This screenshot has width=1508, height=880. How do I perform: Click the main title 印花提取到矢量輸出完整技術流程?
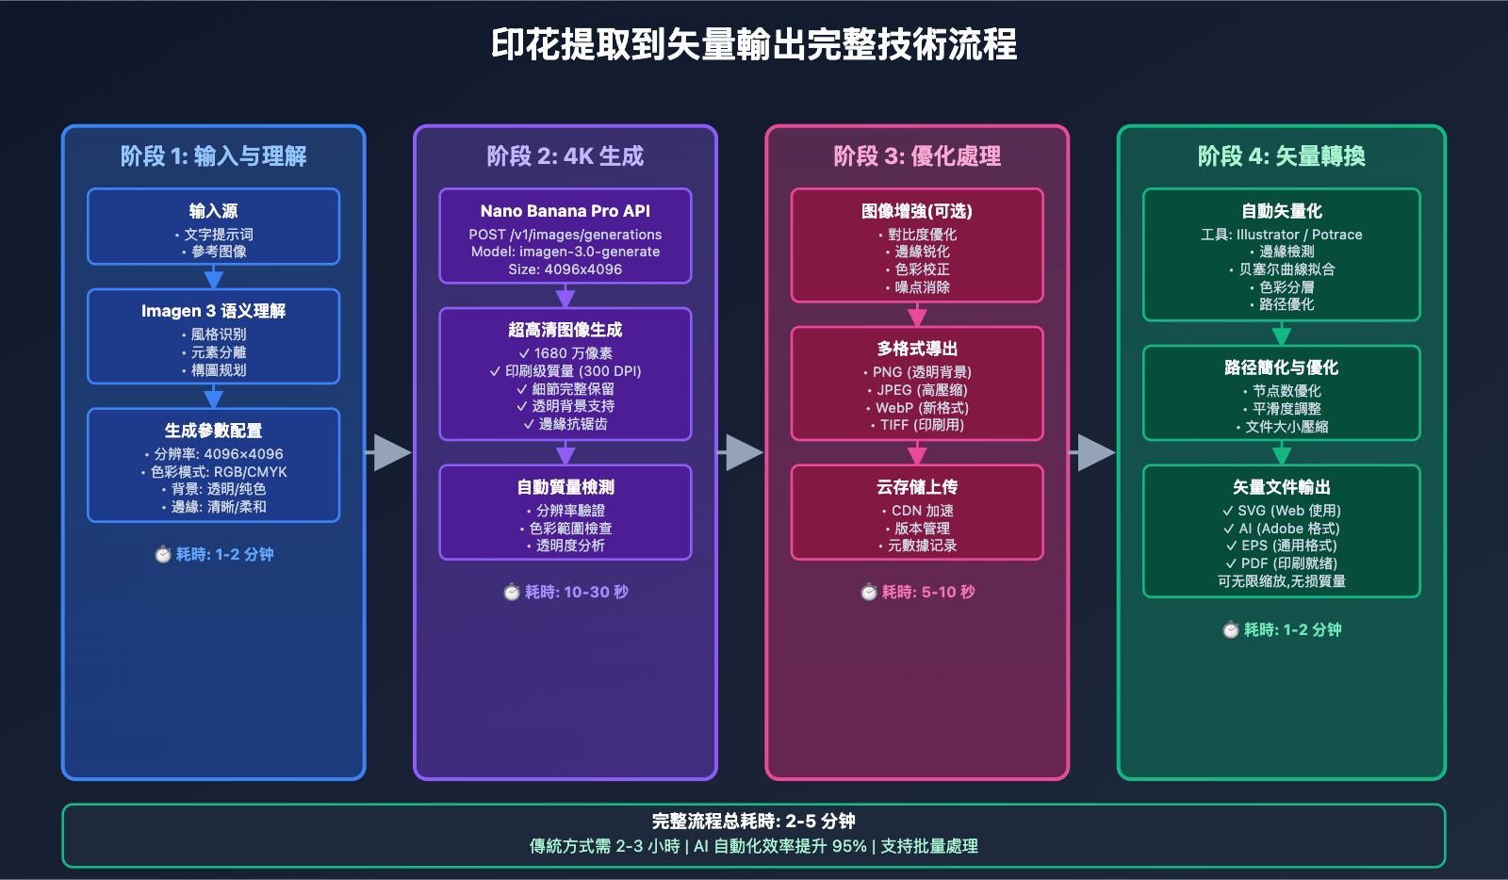coord(754,44)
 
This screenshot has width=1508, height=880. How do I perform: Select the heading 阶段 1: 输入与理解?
coord(213,155)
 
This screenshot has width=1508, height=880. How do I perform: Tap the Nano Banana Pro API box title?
coord(565,211)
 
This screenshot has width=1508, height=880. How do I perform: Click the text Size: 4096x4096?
coord(565,269)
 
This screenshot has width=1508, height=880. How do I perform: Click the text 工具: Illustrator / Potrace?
coord(1282,235)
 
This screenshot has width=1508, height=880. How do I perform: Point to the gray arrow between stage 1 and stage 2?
coord(389,452)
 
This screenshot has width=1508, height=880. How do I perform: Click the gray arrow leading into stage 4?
coord(1092,452)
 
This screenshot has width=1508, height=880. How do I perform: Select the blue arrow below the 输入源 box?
coord(214,277)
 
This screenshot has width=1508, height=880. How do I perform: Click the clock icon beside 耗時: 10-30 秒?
coord(512,592)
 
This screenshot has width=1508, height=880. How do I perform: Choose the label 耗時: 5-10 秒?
coord(927,592)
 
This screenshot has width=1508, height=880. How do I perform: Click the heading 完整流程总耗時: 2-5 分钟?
coord(754,821)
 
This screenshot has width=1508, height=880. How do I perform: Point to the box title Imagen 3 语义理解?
coord(213,311)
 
